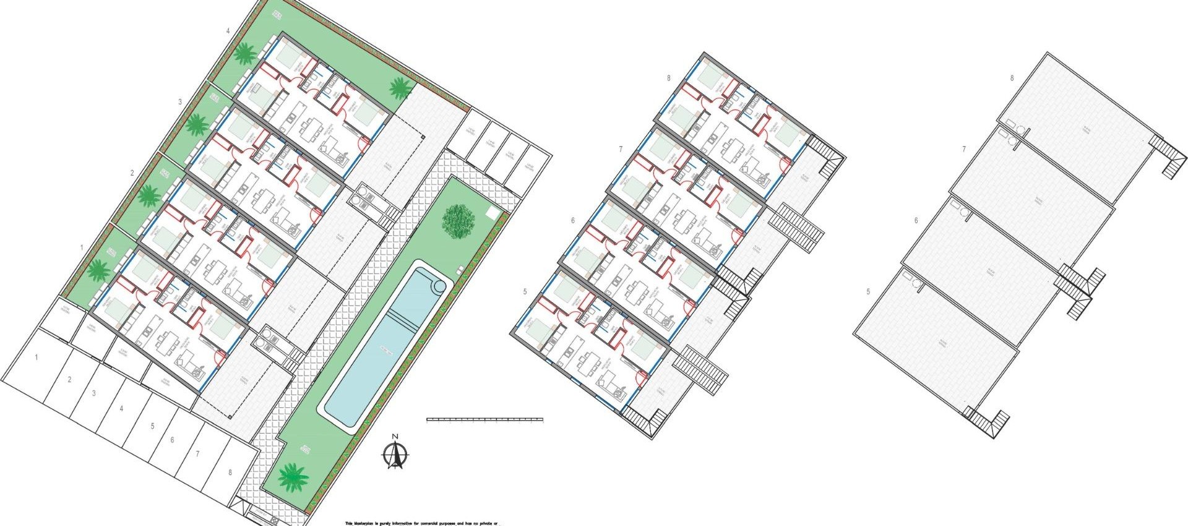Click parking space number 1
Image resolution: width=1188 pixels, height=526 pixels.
tap(37, 358)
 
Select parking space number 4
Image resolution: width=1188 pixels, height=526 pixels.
tap(121, 408)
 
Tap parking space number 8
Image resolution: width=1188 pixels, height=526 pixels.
tap(230, 472)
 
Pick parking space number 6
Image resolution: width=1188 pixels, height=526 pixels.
tap(172, 441)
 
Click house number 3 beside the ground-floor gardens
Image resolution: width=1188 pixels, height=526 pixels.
tap(180, 101)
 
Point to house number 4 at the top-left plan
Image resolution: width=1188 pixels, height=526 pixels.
tap(228, 30)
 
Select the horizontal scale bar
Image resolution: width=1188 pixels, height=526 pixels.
tap(484, 420)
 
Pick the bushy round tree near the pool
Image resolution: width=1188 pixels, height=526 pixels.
tap(458, 220)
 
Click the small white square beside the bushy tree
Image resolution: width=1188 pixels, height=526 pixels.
tap(493, 213)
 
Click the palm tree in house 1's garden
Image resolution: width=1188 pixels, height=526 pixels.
tap(98, 270)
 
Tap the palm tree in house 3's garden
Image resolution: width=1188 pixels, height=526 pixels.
tap(197, 126)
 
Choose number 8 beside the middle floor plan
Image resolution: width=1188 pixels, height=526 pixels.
tap(669, 79)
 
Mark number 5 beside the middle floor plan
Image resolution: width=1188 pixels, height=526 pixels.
tap(525, 291)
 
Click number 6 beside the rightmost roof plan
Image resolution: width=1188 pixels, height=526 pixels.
tap(916, 221)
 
